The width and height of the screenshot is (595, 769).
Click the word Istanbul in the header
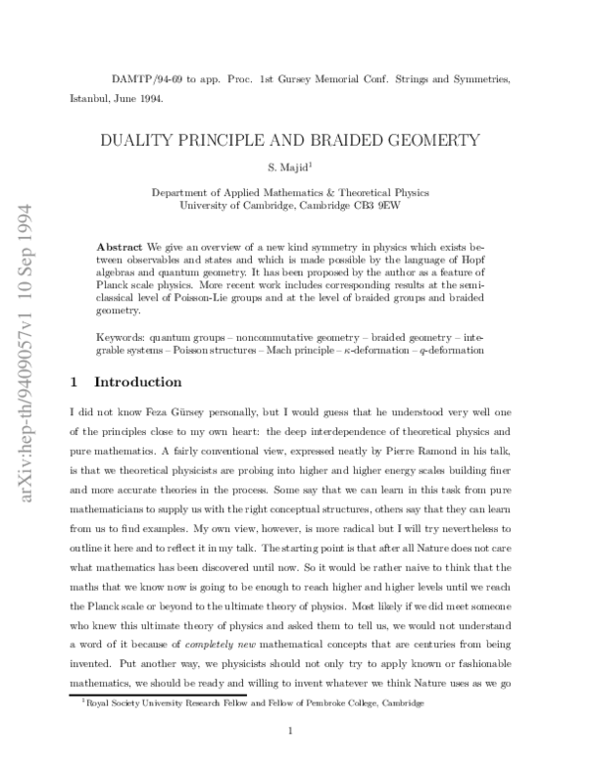pyautogui.click(x=88, y=99)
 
